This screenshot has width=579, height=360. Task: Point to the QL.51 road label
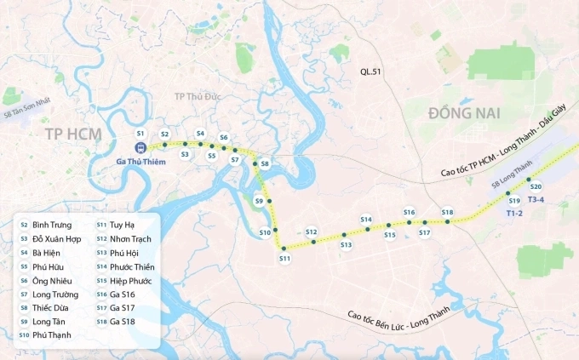tap(371, 73)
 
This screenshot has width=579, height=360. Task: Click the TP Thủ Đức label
tap(197, 96)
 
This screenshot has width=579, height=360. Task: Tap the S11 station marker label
tap(284, 258)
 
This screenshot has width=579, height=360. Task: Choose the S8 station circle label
tap(265, 163)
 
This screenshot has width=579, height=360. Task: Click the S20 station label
tap(536, 186)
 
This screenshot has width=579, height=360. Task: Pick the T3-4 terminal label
tap(537, 200)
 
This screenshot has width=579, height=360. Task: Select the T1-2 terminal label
tap(513, 213)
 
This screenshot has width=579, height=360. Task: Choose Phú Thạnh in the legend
tap(52, 335)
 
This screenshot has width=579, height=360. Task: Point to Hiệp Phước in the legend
tap(131, 281)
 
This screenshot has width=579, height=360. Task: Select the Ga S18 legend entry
tap(123, 322)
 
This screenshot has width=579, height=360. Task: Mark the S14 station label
tap(366, 220)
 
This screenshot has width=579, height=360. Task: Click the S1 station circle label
tap(140, 134)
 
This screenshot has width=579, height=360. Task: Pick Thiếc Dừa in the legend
tap(51, 308)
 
